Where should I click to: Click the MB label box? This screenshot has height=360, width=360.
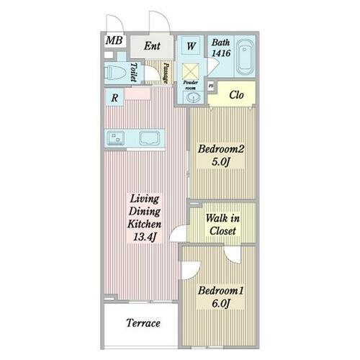coord(113,40)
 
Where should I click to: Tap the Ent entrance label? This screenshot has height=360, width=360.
coord(151,46)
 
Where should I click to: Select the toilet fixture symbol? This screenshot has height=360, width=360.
coord(114,72)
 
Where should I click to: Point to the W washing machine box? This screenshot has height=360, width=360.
coord(191,46)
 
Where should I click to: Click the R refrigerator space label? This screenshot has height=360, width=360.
coord(114,97)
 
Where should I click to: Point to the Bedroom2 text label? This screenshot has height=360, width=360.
coord(222,150)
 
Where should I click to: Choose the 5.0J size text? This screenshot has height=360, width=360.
coord(222,163)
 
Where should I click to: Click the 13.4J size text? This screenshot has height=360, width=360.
coord(145,237)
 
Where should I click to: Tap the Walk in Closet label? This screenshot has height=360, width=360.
coord(220,224)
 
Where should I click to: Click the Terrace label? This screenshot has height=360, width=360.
coord(143,323)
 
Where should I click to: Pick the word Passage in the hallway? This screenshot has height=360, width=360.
coord(166,73)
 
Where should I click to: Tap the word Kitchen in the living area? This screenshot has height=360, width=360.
coord(145,224)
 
